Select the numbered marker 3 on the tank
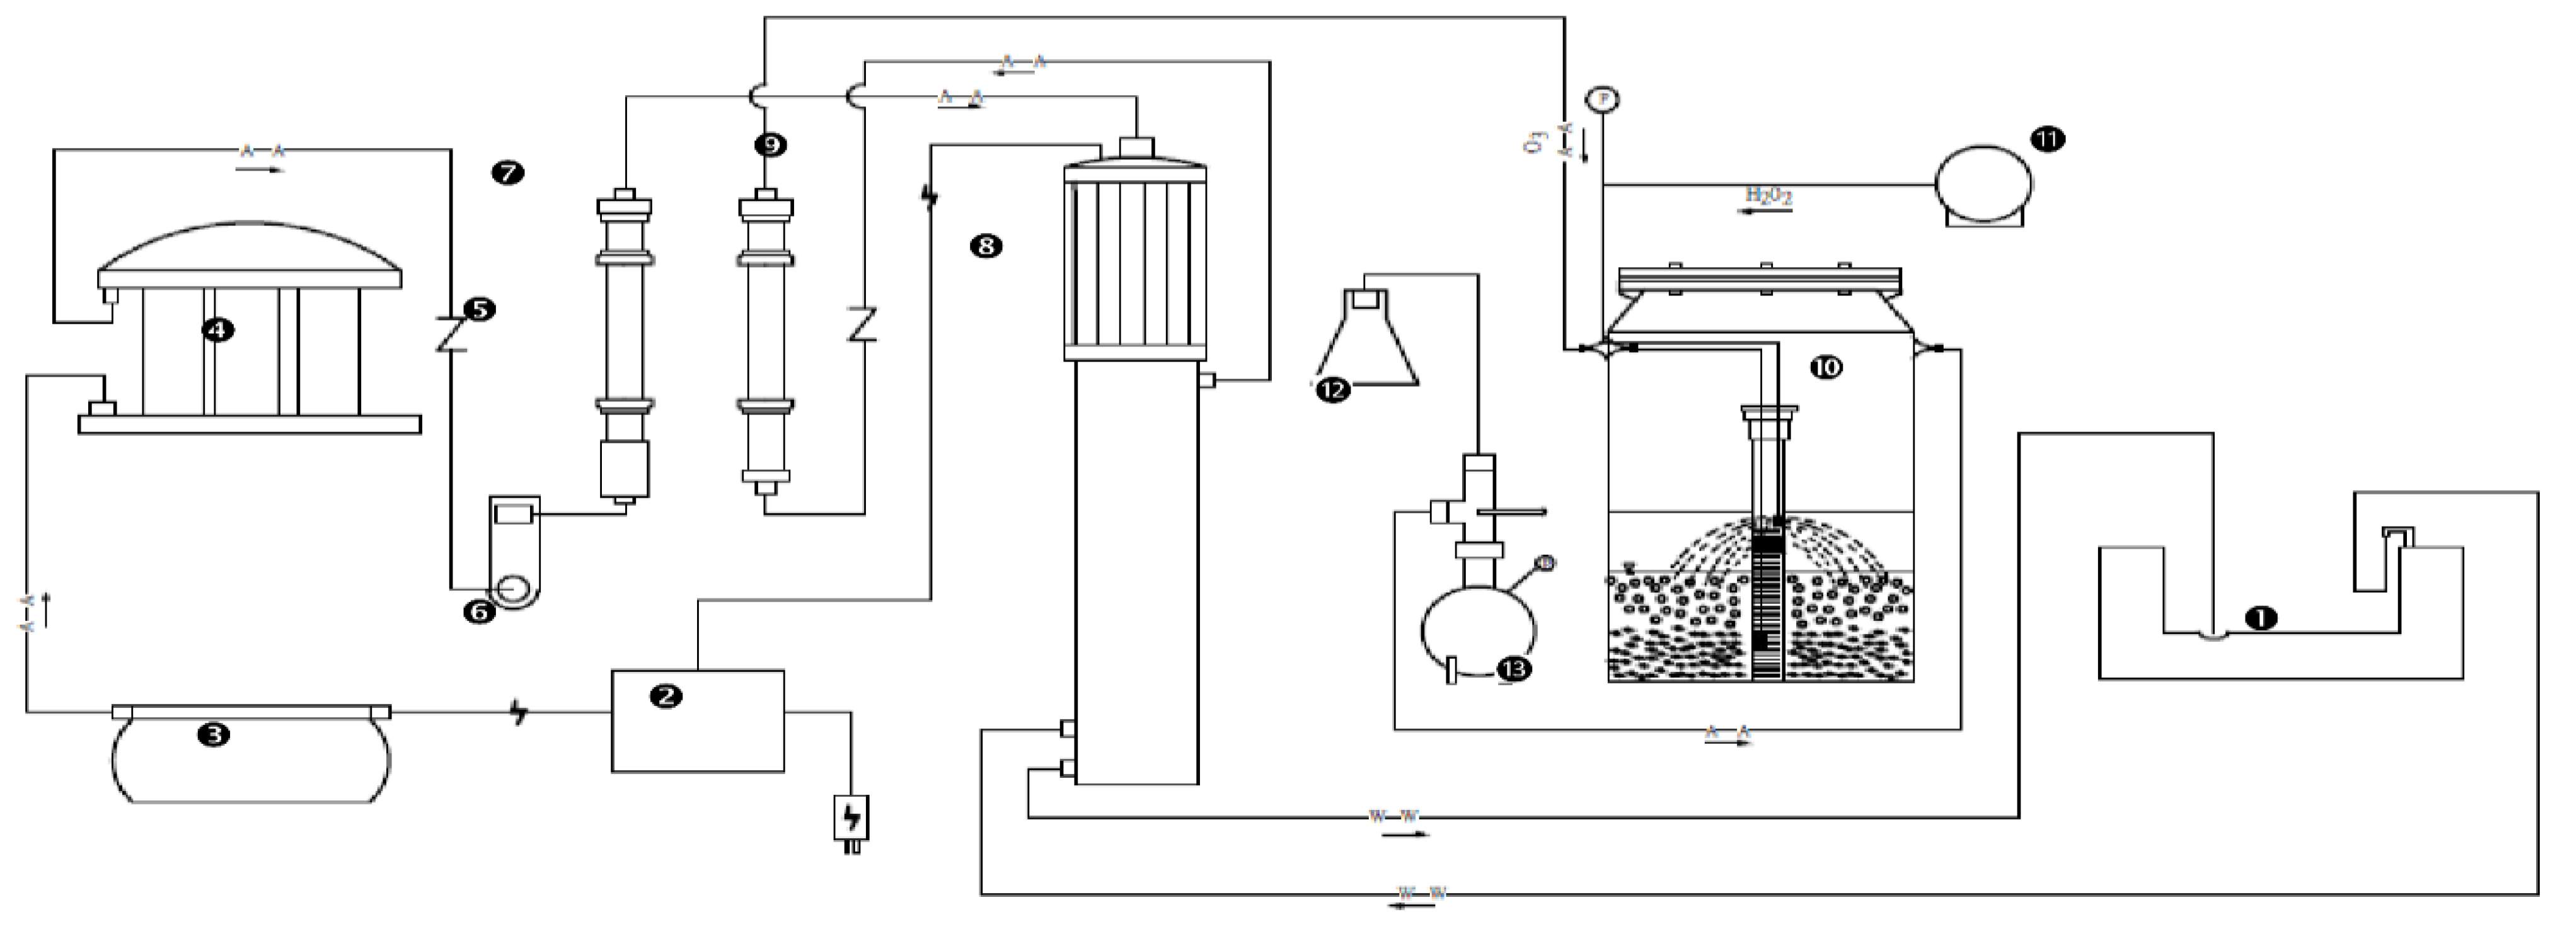214,734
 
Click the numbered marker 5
480,309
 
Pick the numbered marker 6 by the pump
479,612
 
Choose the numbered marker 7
508,173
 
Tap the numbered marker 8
986,246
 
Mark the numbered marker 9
770,145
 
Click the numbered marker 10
1825,367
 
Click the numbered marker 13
1514,670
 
